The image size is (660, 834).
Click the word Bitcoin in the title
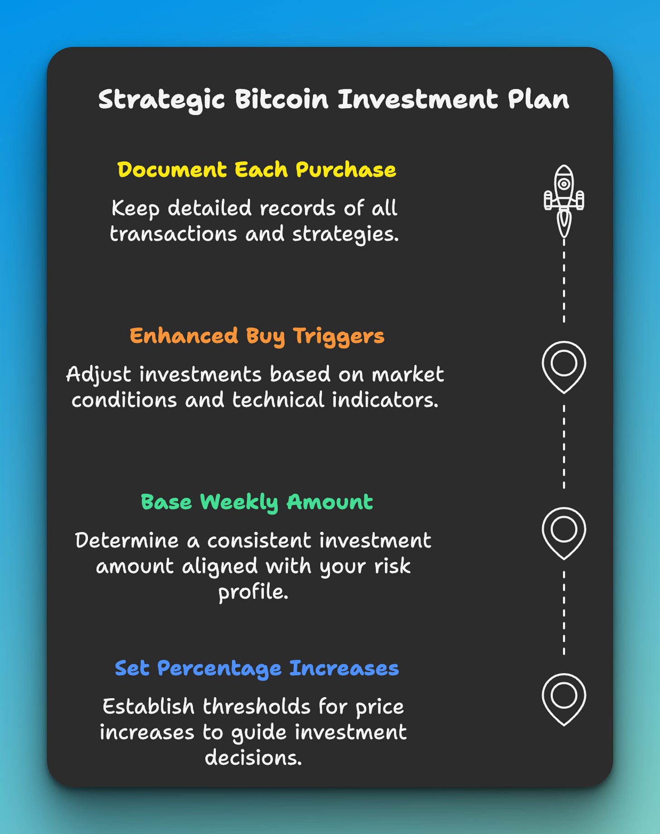click(281, 99)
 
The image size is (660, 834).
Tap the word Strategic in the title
click(161, 100)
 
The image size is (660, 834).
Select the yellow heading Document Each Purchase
click(257, 170)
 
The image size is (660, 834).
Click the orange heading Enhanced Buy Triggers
click(257, 336)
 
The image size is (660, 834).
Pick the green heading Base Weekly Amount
click(257, 502)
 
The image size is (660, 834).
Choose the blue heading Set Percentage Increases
click(257, 668)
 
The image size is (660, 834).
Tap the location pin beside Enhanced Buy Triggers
click(564, 366)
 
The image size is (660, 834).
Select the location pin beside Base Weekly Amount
click(564, 532)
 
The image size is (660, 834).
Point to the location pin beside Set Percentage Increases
click(564, 699)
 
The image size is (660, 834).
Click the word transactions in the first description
click(174, 234)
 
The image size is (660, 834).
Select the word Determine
click(126, 541)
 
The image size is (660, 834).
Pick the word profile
click(253, 592)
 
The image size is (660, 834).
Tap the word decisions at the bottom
click(253, 757)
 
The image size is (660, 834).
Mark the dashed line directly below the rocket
click(564, 281)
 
